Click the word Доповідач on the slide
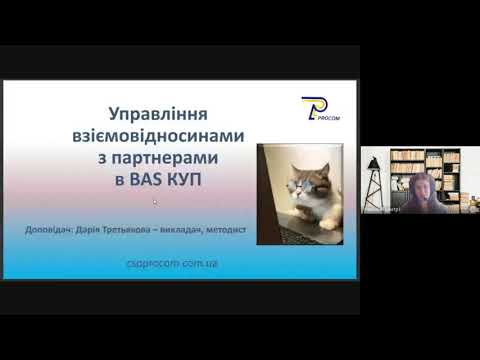(57, 231)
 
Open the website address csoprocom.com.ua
(180, 263)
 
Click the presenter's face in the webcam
(423, 187)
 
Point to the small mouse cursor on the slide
(155, 201)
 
